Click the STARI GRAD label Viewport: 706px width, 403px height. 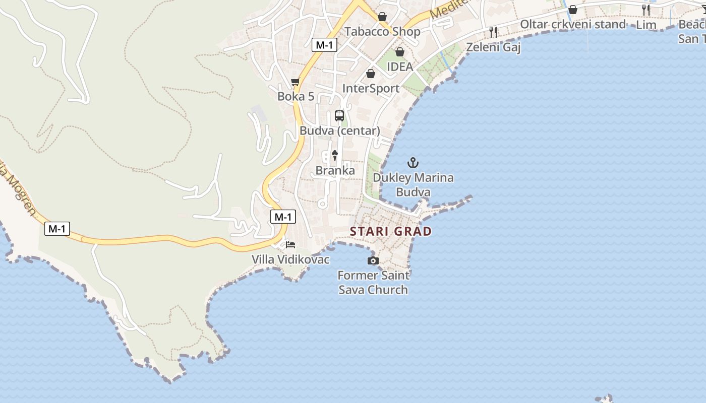click(391, 232)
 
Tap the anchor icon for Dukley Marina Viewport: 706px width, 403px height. click(413, 163)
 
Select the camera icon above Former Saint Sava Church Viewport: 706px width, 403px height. click(373, 260)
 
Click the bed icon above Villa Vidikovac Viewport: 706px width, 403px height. click(290, 245)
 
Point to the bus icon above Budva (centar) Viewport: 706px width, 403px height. click(339, 116)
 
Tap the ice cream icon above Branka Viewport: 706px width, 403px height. click(334, 156)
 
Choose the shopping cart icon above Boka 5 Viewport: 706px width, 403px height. click(296, 82)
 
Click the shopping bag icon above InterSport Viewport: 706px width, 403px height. click(371, 74)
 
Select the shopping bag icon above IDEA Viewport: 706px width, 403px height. click(400, 52)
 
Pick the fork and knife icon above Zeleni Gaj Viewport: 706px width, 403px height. click(493, 32)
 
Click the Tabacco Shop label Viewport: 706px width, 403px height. click(382, 32)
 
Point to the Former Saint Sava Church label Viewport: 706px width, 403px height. click(373, 283)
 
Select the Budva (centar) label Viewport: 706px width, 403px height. click(339, 131)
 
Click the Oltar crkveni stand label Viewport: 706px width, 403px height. click(572, 24)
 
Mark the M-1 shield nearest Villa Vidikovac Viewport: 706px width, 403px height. click(283, 217)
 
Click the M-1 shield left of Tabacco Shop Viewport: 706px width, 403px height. click(324, 45)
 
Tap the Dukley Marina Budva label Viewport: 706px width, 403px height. click(413, 185)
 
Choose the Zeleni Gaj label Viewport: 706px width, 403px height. click(493, 47)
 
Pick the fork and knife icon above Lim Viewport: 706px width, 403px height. click(646, 10)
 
